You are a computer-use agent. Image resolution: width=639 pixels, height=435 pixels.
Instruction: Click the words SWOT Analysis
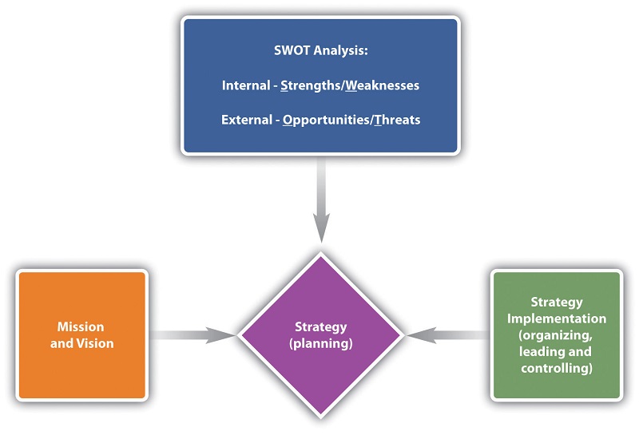[320, 51]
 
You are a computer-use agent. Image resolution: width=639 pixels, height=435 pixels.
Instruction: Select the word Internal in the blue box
[246, 85]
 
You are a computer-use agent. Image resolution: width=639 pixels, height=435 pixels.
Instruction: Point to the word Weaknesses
[383, 85]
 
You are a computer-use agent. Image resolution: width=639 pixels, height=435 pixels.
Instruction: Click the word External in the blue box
[244, 120]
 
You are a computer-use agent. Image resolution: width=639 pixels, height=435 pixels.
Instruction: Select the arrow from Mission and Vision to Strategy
[192, 335]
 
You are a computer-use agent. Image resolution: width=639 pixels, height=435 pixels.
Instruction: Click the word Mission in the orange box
[81, 327]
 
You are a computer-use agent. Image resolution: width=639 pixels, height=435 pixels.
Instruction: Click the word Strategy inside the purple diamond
[320, 327]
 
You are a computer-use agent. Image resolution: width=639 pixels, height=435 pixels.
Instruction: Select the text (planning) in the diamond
[320, 344]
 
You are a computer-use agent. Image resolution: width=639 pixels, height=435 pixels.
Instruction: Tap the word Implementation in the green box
[557, 318]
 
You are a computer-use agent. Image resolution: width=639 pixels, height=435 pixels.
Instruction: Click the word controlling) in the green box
[557, 368]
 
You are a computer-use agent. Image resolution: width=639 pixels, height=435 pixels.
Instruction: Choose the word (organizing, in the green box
[557, 335]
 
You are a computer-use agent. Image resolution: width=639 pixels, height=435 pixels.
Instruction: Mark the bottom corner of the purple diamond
[320, 416]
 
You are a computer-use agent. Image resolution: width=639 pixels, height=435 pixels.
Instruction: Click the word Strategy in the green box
[557, 303]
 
